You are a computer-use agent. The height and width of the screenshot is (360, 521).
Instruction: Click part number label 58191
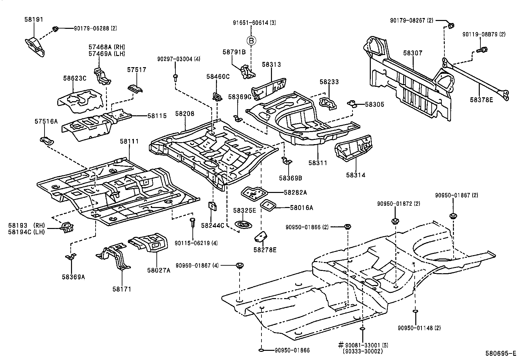tap(34, 19)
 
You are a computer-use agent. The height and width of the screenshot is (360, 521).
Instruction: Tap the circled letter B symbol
tap(251, 41)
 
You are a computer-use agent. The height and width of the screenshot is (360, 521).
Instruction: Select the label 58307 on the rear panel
tap(413, 53)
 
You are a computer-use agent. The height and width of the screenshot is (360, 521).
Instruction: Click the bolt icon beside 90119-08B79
tap(481, 50)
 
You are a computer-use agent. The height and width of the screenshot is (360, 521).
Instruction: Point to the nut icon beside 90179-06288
tap(56, 29)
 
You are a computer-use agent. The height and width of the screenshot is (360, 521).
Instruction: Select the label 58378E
tap(481, 100)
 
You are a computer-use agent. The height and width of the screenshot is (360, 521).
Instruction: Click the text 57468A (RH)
tap(107, 47)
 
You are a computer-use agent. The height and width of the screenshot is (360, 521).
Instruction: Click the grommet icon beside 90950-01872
tap(395, 221)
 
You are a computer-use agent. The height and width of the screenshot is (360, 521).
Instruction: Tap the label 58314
tap(356, 175)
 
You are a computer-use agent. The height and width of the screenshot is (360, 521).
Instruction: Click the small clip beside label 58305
tap(352, 104)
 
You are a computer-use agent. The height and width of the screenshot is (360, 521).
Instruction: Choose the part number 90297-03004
tap(179, 59)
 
